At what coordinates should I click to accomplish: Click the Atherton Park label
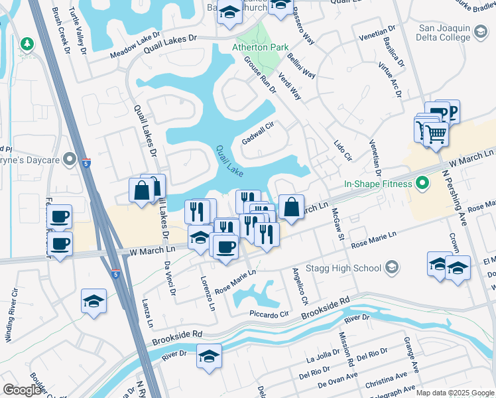pos(260,48)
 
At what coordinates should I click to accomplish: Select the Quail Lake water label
pos(227,161)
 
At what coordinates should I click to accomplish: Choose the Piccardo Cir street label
pos(269,314)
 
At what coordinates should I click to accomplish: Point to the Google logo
pos(23,390)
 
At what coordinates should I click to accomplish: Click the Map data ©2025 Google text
pos(455,393)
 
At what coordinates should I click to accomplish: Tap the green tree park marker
pos(27,44)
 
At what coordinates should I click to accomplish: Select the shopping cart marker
pos(436,134)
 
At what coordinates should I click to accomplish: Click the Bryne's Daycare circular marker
pos(68,159)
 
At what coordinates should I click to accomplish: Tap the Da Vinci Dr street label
pos(170,276)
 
